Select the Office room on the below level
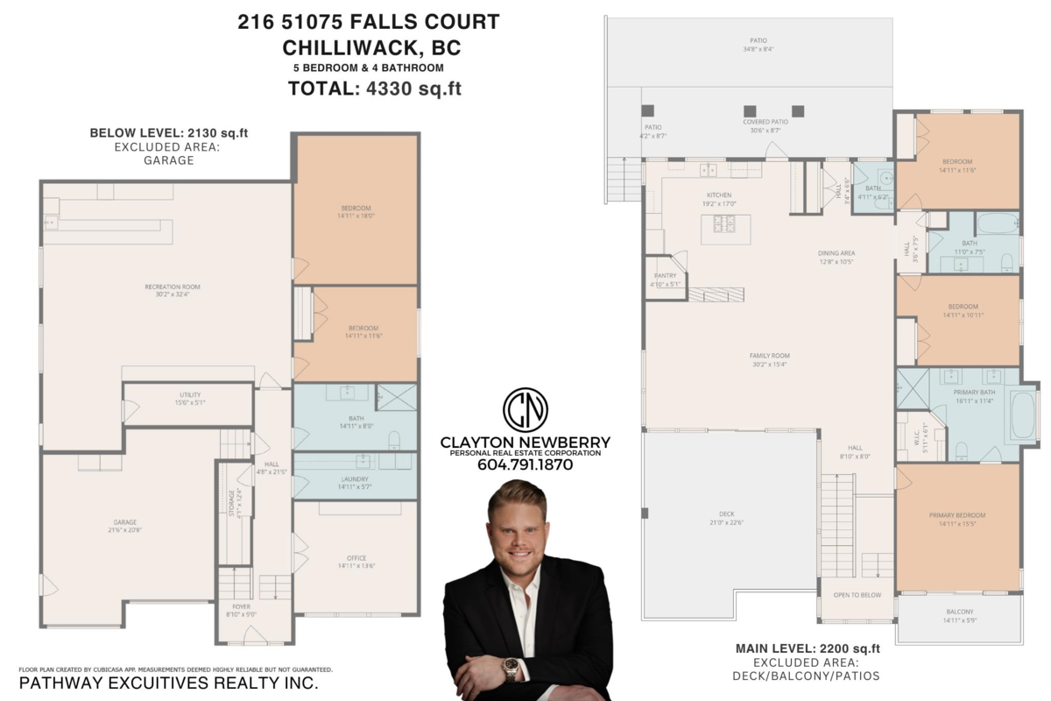[x=356, y=558]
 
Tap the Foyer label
[x=241, y=606]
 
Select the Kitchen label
[x=719, y=195]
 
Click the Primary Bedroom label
[x=957, y=515]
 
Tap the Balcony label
[x=959, y=612]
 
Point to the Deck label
[x=726, y=514]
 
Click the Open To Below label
[x=857, y=595]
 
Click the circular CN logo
[x=525, y=409]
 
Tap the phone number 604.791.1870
[x=525, y=465]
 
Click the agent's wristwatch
[x=511, y=670]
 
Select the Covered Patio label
[x=766, y=122]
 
